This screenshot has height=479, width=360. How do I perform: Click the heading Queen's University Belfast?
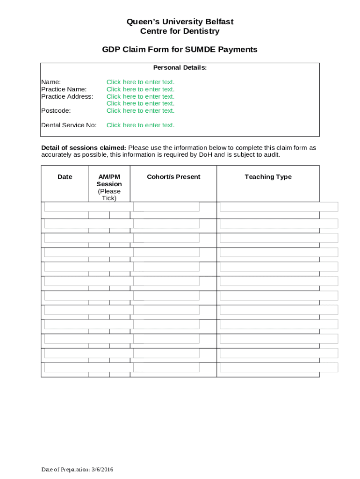(180, 22)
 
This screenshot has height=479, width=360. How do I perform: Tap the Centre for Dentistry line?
(180, 31)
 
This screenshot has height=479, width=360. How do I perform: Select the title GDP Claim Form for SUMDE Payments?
(180, 50)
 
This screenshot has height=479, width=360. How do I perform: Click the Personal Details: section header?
(180, 68)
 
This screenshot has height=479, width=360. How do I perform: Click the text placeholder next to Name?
(140, 82)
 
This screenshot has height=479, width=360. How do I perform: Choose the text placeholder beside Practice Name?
(140, 89)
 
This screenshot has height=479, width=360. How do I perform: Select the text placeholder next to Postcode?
(140, 111)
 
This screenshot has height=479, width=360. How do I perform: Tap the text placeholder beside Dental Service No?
(140, 125)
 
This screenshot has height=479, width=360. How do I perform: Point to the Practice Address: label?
(67, 96)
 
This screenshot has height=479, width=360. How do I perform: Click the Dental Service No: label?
(69, 125)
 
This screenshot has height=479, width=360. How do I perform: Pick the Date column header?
(65, 177)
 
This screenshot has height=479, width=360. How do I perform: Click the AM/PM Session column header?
(109, 181)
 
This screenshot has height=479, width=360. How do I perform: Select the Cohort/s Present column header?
(173, 177)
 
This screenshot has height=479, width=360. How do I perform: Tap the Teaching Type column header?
(268, 177)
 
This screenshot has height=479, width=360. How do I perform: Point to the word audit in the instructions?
(271, 155)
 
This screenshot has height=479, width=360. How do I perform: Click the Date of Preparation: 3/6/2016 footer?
(77, 470)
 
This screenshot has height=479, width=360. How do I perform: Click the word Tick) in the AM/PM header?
(109, 198)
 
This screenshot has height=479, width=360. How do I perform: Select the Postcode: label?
(56, 111)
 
